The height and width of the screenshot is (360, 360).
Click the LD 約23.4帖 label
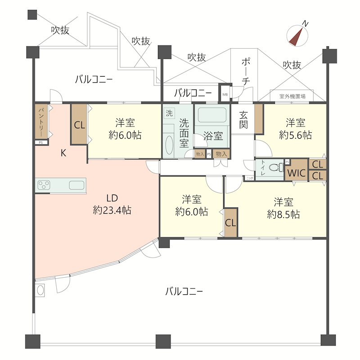click(112, 204)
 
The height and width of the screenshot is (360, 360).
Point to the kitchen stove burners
click(45, 184)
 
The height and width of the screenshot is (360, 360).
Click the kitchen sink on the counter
click(76, 184)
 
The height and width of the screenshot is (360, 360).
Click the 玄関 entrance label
click(243, 120)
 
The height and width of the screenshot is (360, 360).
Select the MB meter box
click(225, 94)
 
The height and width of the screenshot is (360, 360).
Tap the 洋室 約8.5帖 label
click(283, 207)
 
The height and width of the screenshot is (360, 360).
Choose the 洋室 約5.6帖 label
click(295, 128)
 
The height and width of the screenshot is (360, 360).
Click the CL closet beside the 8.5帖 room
click(230, 223)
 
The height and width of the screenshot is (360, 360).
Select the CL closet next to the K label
click(79, 125)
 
